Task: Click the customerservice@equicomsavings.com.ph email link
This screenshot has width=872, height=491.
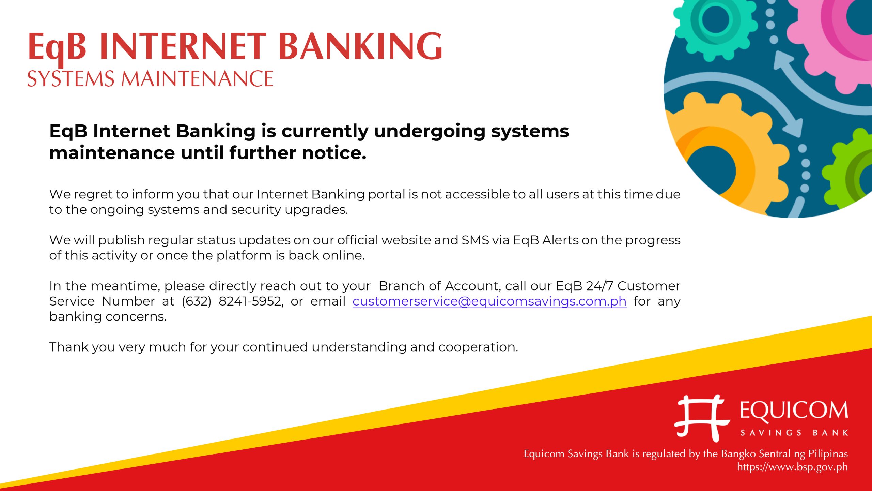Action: [489, 301]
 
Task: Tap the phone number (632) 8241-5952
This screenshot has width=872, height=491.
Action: [232, 301]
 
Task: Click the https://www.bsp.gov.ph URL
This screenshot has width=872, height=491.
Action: [792, 467]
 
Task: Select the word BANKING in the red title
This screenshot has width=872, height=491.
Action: [360, 46]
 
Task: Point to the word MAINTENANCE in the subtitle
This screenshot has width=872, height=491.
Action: [198, 79]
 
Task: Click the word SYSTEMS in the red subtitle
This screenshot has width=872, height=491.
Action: [71, 79]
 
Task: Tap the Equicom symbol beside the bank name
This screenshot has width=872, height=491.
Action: [702, 418]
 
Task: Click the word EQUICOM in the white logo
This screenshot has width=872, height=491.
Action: [794, 410]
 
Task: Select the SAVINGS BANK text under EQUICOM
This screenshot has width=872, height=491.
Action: [794, 433]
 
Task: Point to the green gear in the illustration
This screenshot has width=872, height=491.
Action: [852, 170]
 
